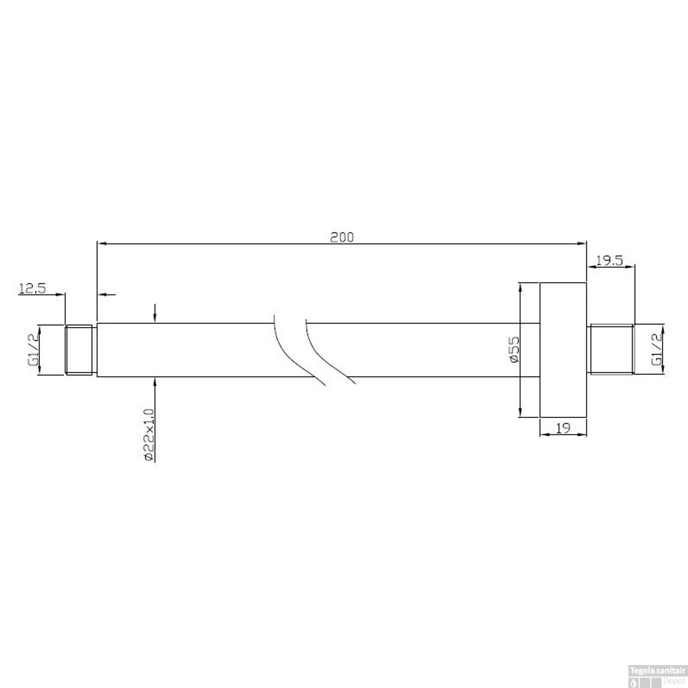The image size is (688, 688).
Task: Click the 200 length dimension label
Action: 342,237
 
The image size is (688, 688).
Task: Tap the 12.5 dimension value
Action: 33,289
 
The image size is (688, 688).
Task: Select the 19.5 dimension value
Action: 609,261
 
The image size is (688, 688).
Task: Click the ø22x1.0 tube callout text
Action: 148,433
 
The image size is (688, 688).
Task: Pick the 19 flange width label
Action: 563,428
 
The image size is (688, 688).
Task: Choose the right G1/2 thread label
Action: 657,350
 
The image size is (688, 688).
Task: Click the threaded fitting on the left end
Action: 80,350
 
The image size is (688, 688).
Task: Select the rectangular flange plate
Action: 563,350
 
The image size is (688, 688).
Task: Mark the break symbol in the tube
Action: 314,350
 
